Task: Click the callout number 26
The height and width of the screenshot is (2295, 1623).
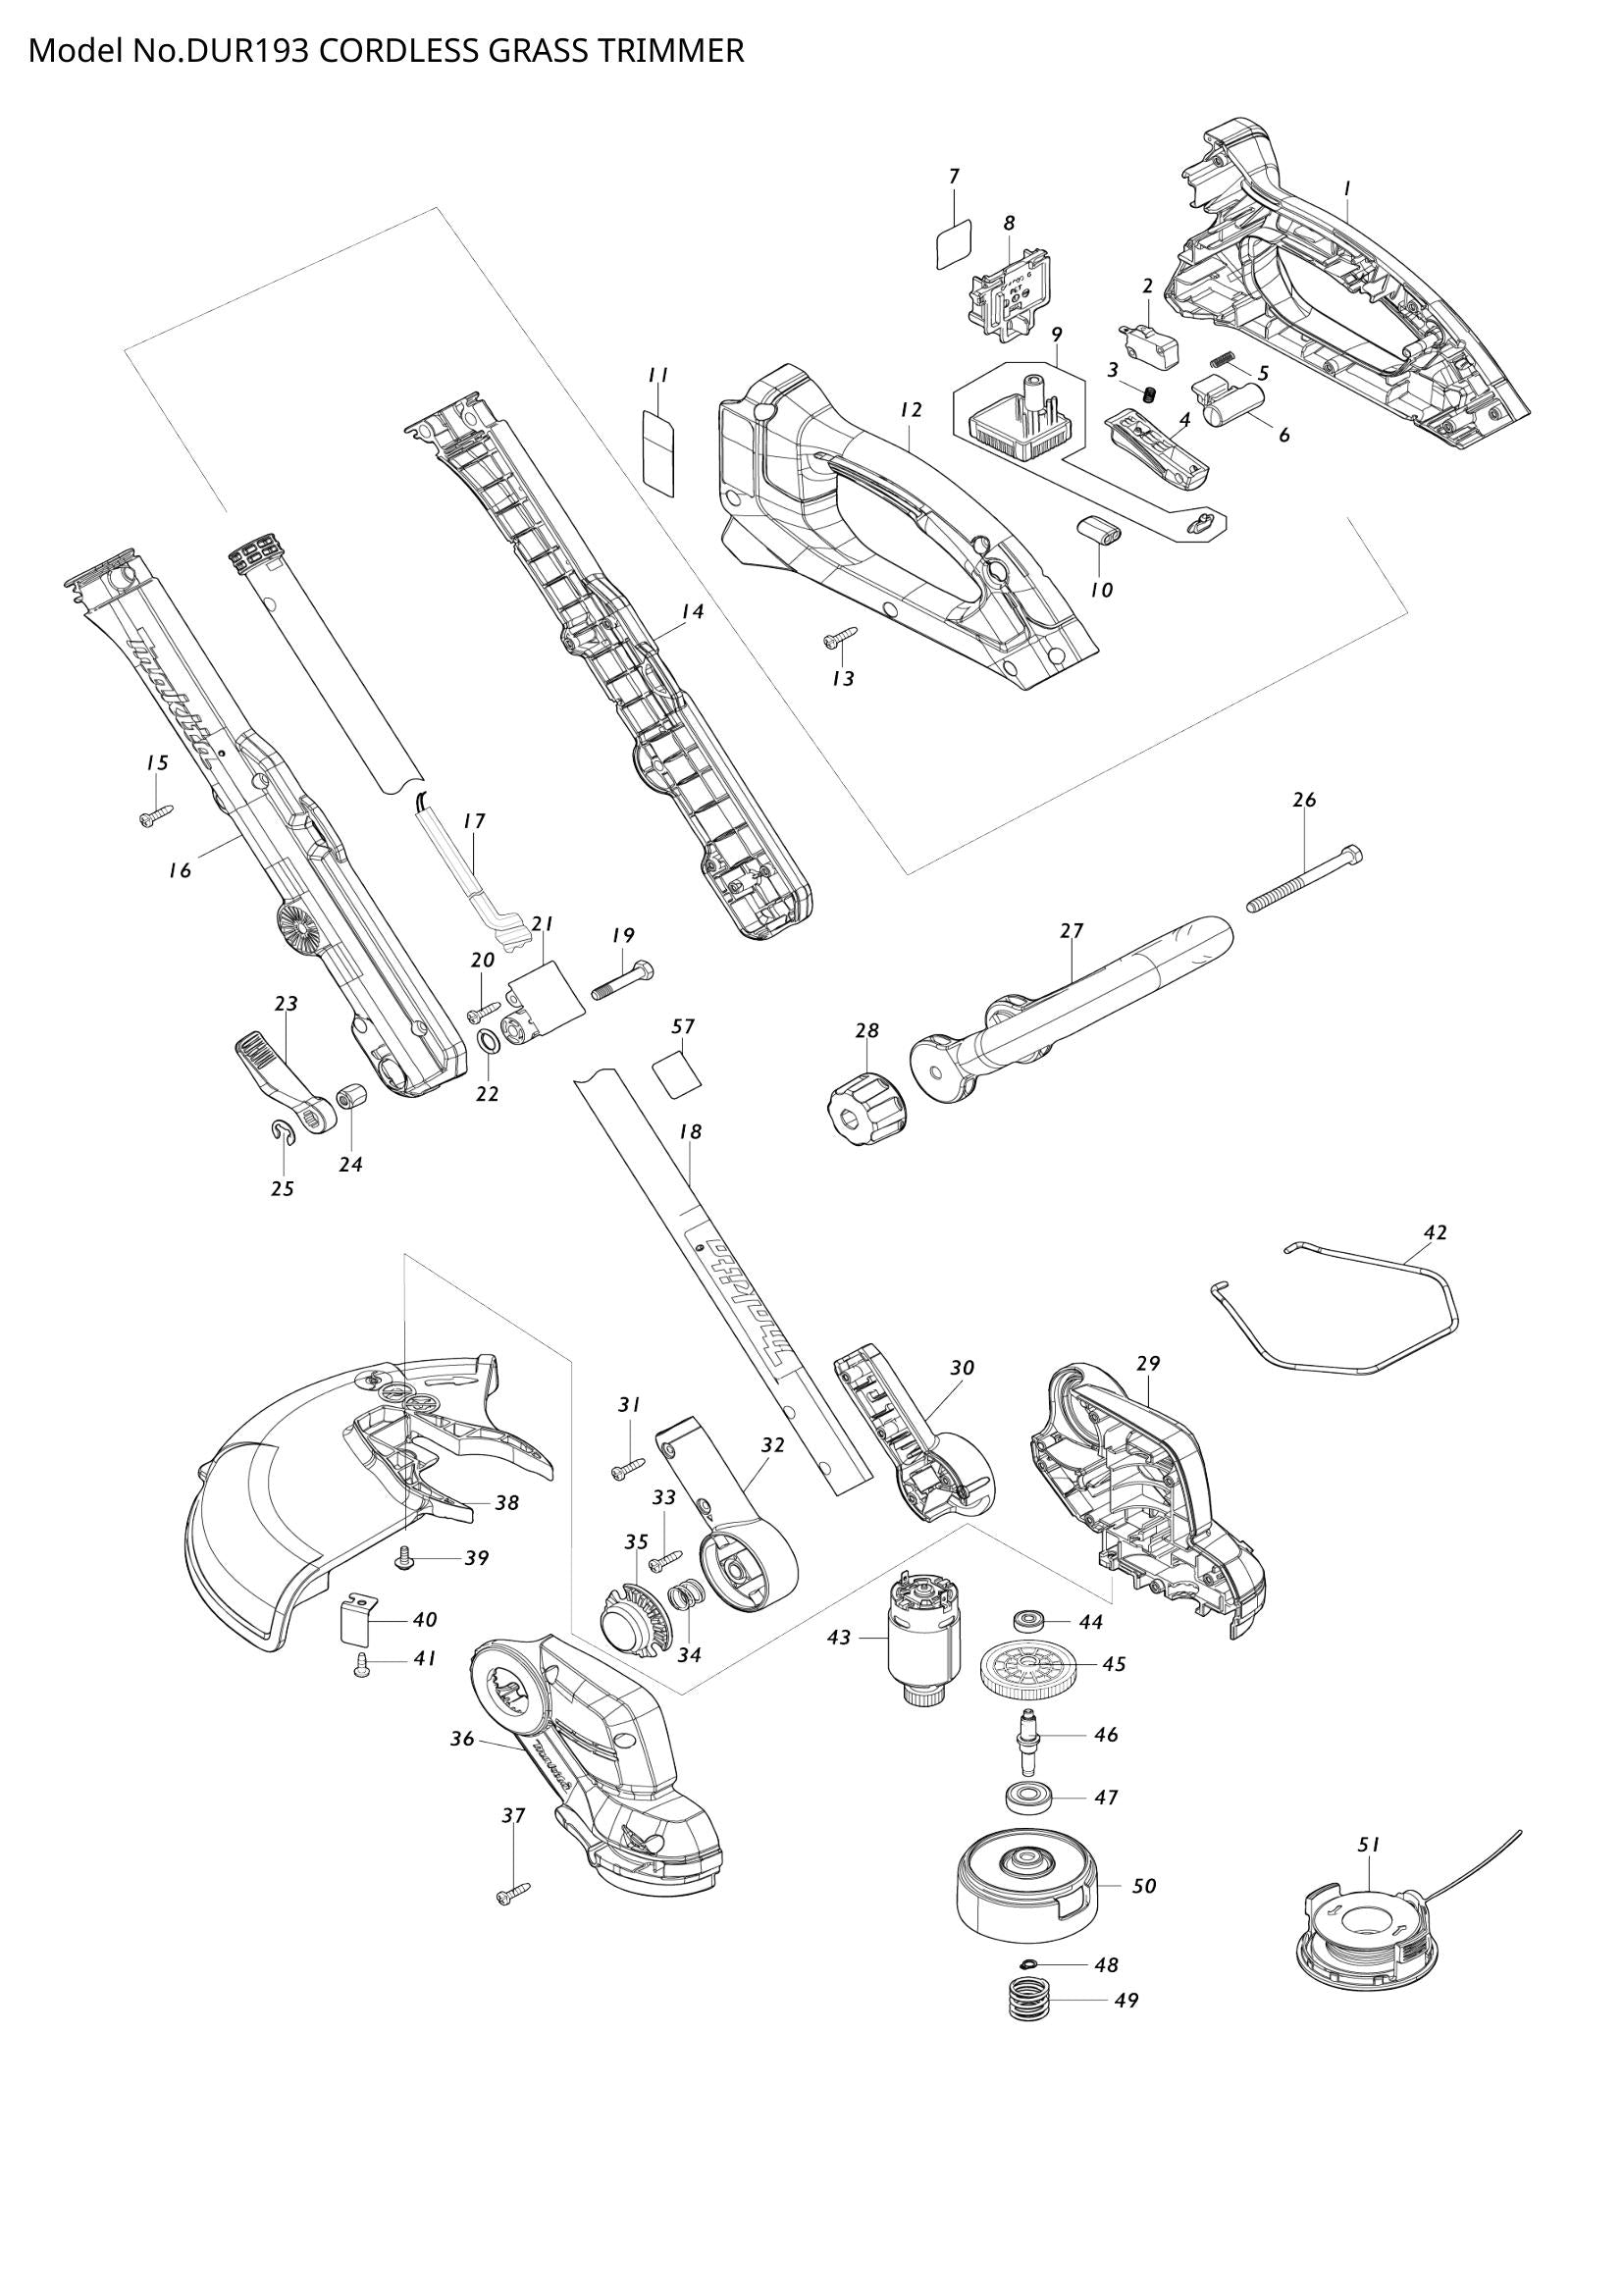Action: pyautogui.click(x=1304, y=800)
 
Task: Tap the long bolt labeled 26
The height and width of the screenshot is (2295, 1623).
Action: pyautogui.click(x=1305, y=879)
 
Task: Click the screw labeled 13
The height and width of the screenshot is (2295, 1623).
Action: pyautogui.click(x=841, y=636)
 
